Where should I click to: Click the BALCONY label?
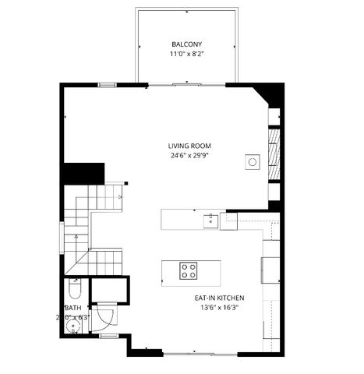[186, 44]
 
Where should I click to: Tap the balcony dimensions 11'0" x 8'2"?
[186, 55]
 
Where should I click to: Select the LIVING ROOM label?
[190, 146]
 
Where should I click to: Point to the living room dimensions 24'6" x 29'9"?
[190, 155]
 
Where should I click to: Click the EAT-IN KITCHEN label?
[220, 298]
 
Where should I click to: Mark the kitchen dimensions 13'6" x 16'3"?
[220, 307]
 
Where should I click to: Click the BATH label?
[73, 308]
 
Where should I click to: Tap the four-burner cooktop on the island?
[189, 270]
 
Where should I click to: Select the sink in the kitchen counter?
[210, 219]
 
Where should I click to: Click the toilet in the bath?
[73, 291]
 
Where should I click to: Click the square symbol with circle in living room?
[253, 161]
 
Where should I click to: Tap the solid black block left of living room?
[83, 173]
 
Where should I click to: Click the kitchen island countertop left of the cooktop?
[170, 270]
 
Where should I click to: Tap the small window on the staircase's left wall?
[64, 233]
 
